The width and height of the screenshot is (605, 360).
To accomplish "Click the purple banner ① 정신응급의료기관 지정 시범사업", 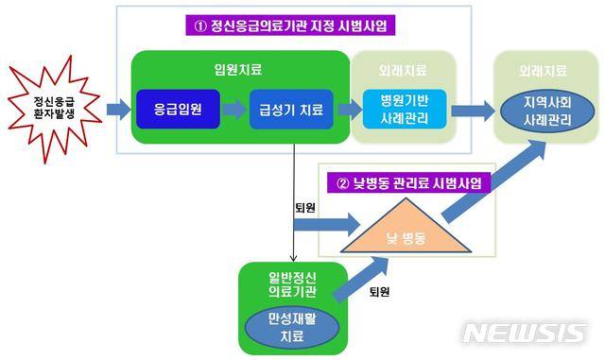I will pos(290,26).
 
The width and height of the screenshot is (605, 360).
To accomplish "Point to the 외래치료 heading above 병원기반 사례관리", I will pos(401,69).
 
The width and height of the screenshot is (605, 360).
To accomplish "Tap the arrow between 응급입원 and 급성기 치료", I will pos(234,111).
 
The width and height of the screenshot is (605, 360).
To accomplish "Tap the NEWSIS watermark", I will pos(525,333).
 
